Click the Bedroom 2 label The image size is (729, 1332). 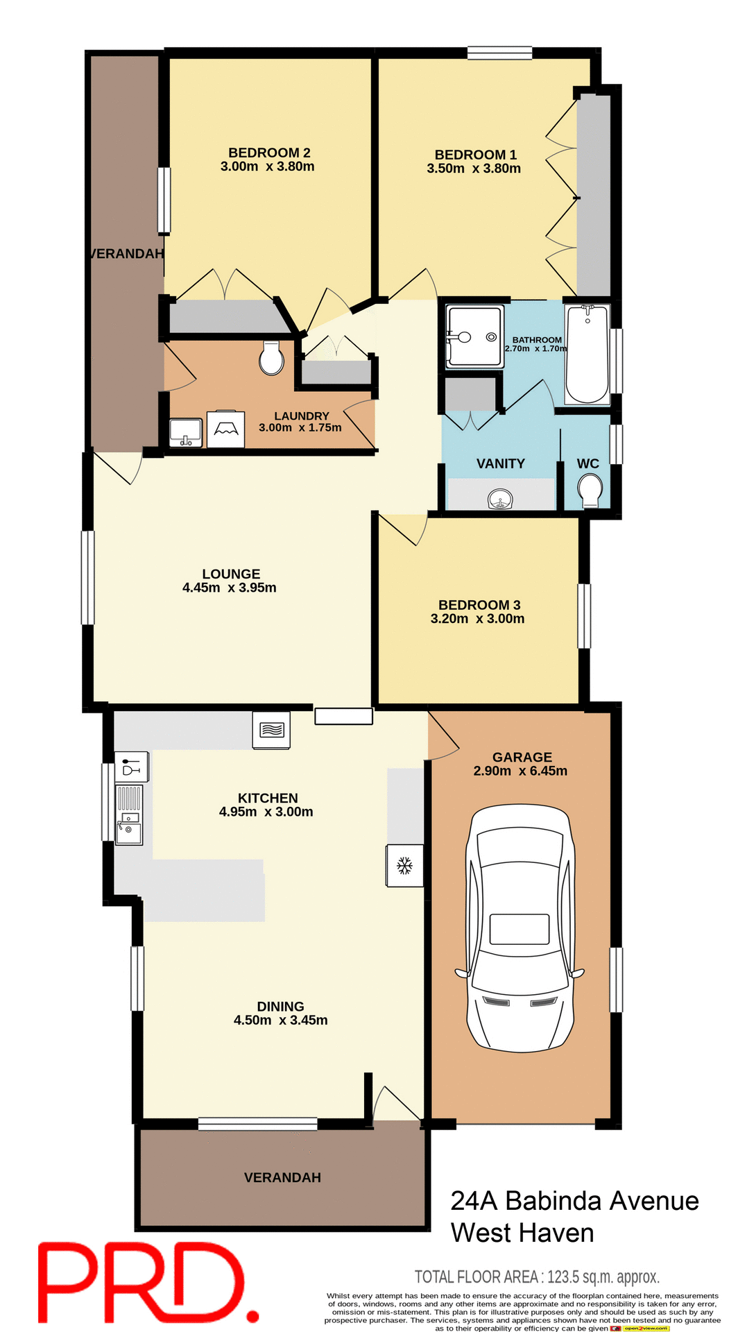[x=269, y=153]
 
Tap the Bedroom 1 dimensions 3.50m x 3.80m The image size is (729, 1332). [x=474, y=169]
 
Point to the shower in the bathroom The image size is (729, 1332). [x=474, y=336]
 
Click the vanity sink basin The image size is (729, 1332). [x=500, y=498]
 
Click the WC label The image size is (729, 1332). [x=588, y=463]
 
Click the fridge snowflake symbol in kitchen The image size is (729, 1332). [x=404, y=865]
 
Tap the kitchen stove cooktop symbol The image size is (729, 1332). [x=271, y=730]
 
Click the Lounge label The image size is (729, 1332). [x=231, y=574]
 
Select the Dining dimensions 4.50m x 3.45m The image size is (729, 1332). [x=280, y=1020]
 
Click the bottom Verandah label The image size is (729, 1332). [x=282, y=1177]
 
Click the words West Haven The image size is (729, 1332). [x=522, y=1233]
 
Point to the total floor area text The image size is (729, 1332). [x=536, y=1276]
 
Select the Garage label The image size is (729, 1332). [x=522, y=757]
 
